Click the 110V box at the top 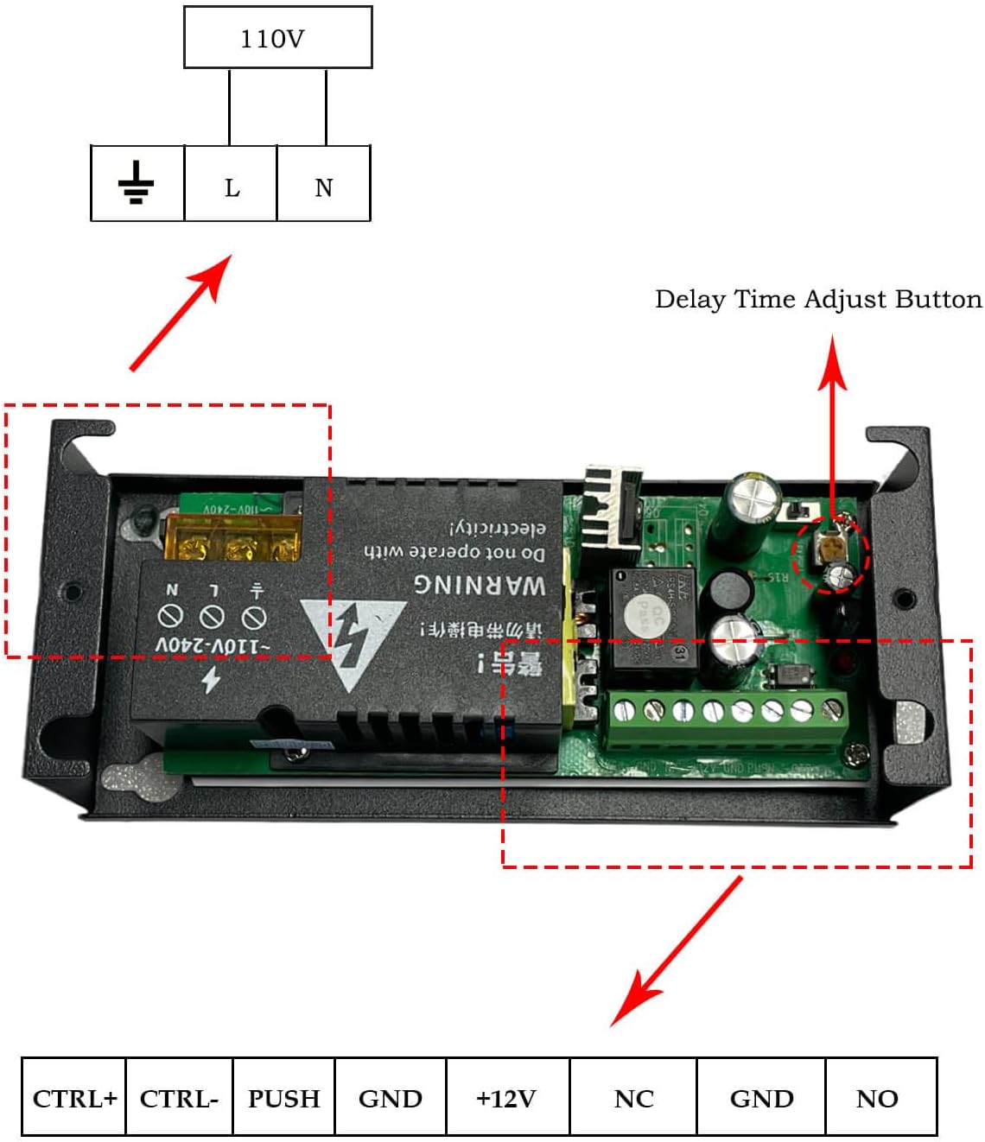277,38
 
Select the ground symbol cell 137,183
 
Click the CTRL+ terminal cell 74,1097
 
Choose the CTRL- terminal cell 179,1097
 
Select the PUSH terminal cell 283,1097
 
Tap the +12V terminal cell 507,1097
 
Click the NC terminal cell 633,1097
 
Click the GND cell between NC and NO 761,1097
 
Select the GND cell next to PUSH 391,1097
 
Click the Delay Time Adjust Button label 817,299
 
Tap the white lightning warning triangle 352,640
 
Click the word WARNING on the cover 479,584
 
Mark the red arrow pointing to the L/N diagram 181,312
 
